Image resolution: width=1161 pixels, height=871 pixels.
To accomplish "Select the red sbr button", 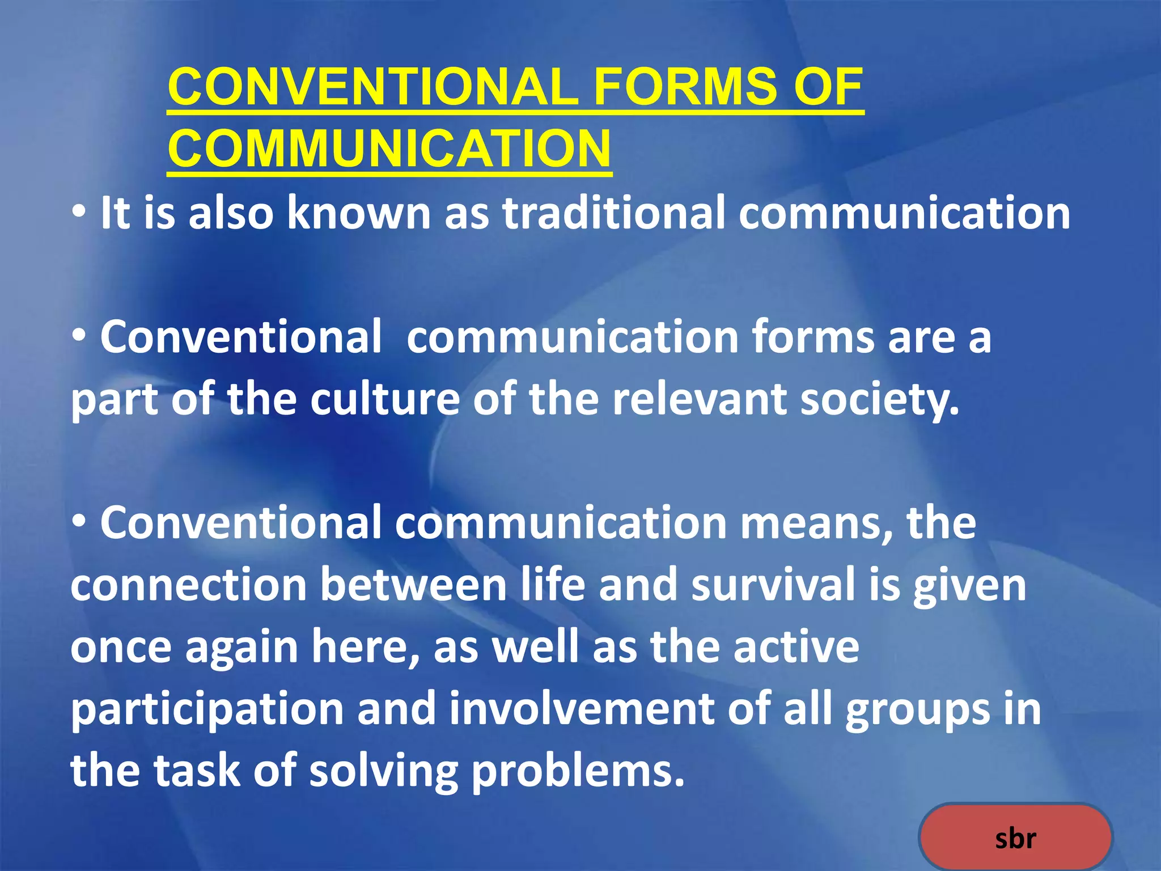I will tap(1015, 838).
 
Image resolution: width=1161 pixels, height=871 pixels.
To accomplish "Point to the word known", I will tap(359, 213).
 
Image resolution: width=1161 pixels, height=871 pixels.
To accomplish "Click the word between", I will tap(414, 585).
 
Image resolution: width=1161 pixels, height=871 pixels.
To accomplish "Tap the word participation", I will tap(207, 709).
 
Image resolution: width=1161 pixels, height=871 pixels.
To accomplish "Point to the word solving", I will tap(384, 772).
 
